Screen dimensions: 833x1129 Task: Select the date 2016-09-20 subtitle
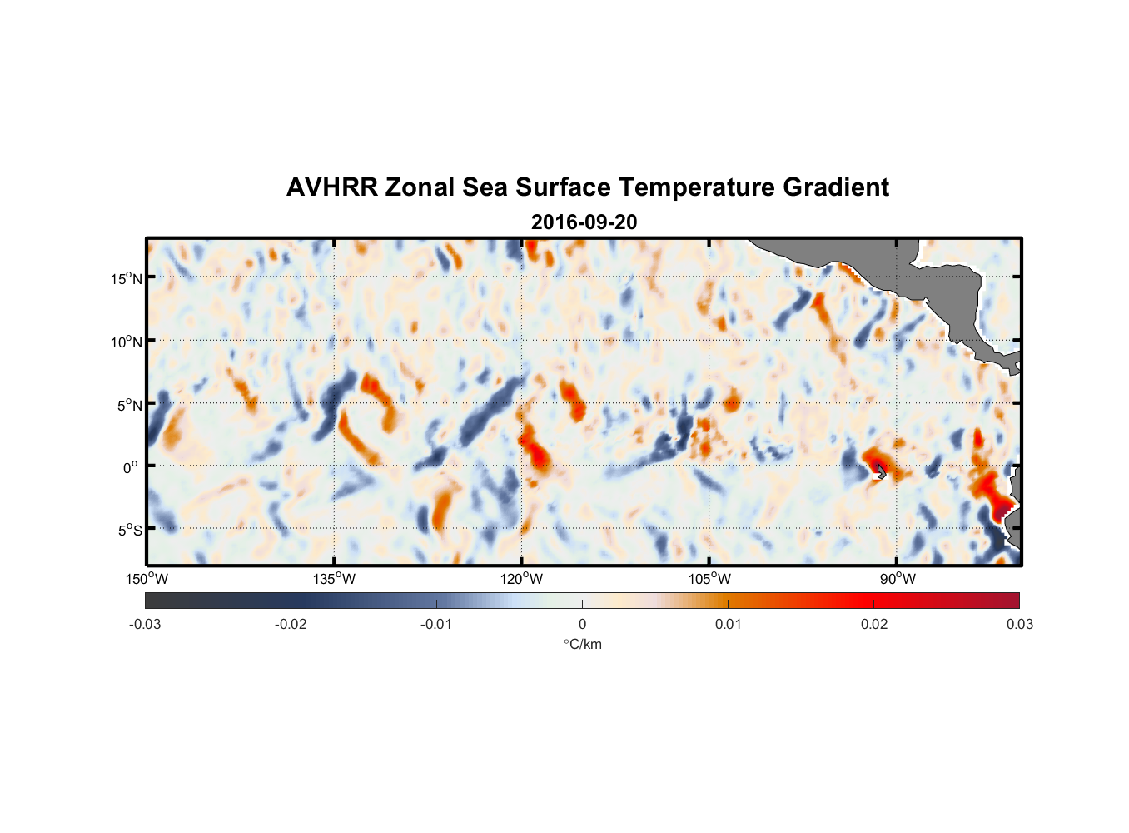[584, 222]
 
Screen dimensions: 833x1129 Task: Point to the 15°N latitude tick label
[127, 278]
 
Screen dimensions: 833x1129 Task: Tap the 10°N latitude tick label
[127, 342]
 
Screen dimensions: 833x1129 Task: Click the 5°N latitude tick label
[129, 405]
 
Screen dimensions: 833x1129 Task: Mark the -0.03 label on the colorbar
[145, 625]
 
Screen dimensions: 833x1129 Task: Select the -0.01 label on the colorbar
[436, 625]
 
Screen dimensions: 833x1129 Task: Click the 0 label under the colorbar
[582, 625]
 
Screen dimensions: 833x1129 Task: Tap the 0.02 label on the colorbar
[874, 625]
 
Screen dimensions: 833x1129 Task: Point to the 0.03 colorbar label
[1019, 625]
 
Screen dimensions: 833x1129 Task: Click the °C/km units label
[583, 644]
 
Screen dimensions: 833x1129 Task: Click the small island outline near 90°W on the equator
[881, 471]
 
